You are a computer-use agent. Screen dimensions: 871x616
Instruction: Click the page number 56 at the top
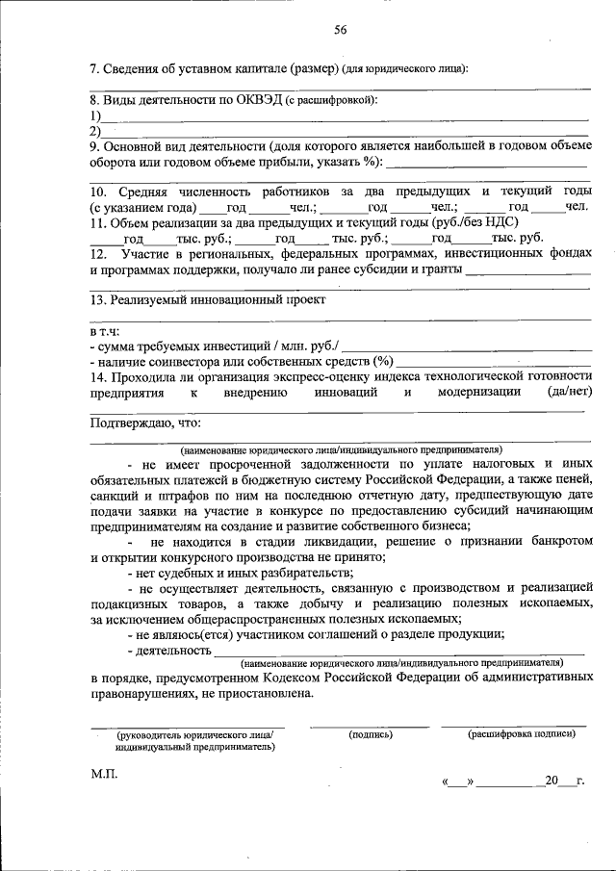click(x=341, y=30)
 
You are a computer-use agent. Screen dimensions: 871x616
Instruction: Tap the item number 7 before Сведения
click(x=93, y=69)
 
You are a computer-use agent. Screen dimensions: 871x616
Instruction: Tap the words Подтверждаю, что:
click(x=145, y=423)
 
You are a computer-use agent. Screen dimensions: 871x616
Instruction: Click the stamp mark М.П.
click(x=104, y=773)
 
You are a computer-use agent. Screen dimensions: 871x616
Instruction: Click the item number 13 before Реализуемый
click(x=97, y=299)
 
